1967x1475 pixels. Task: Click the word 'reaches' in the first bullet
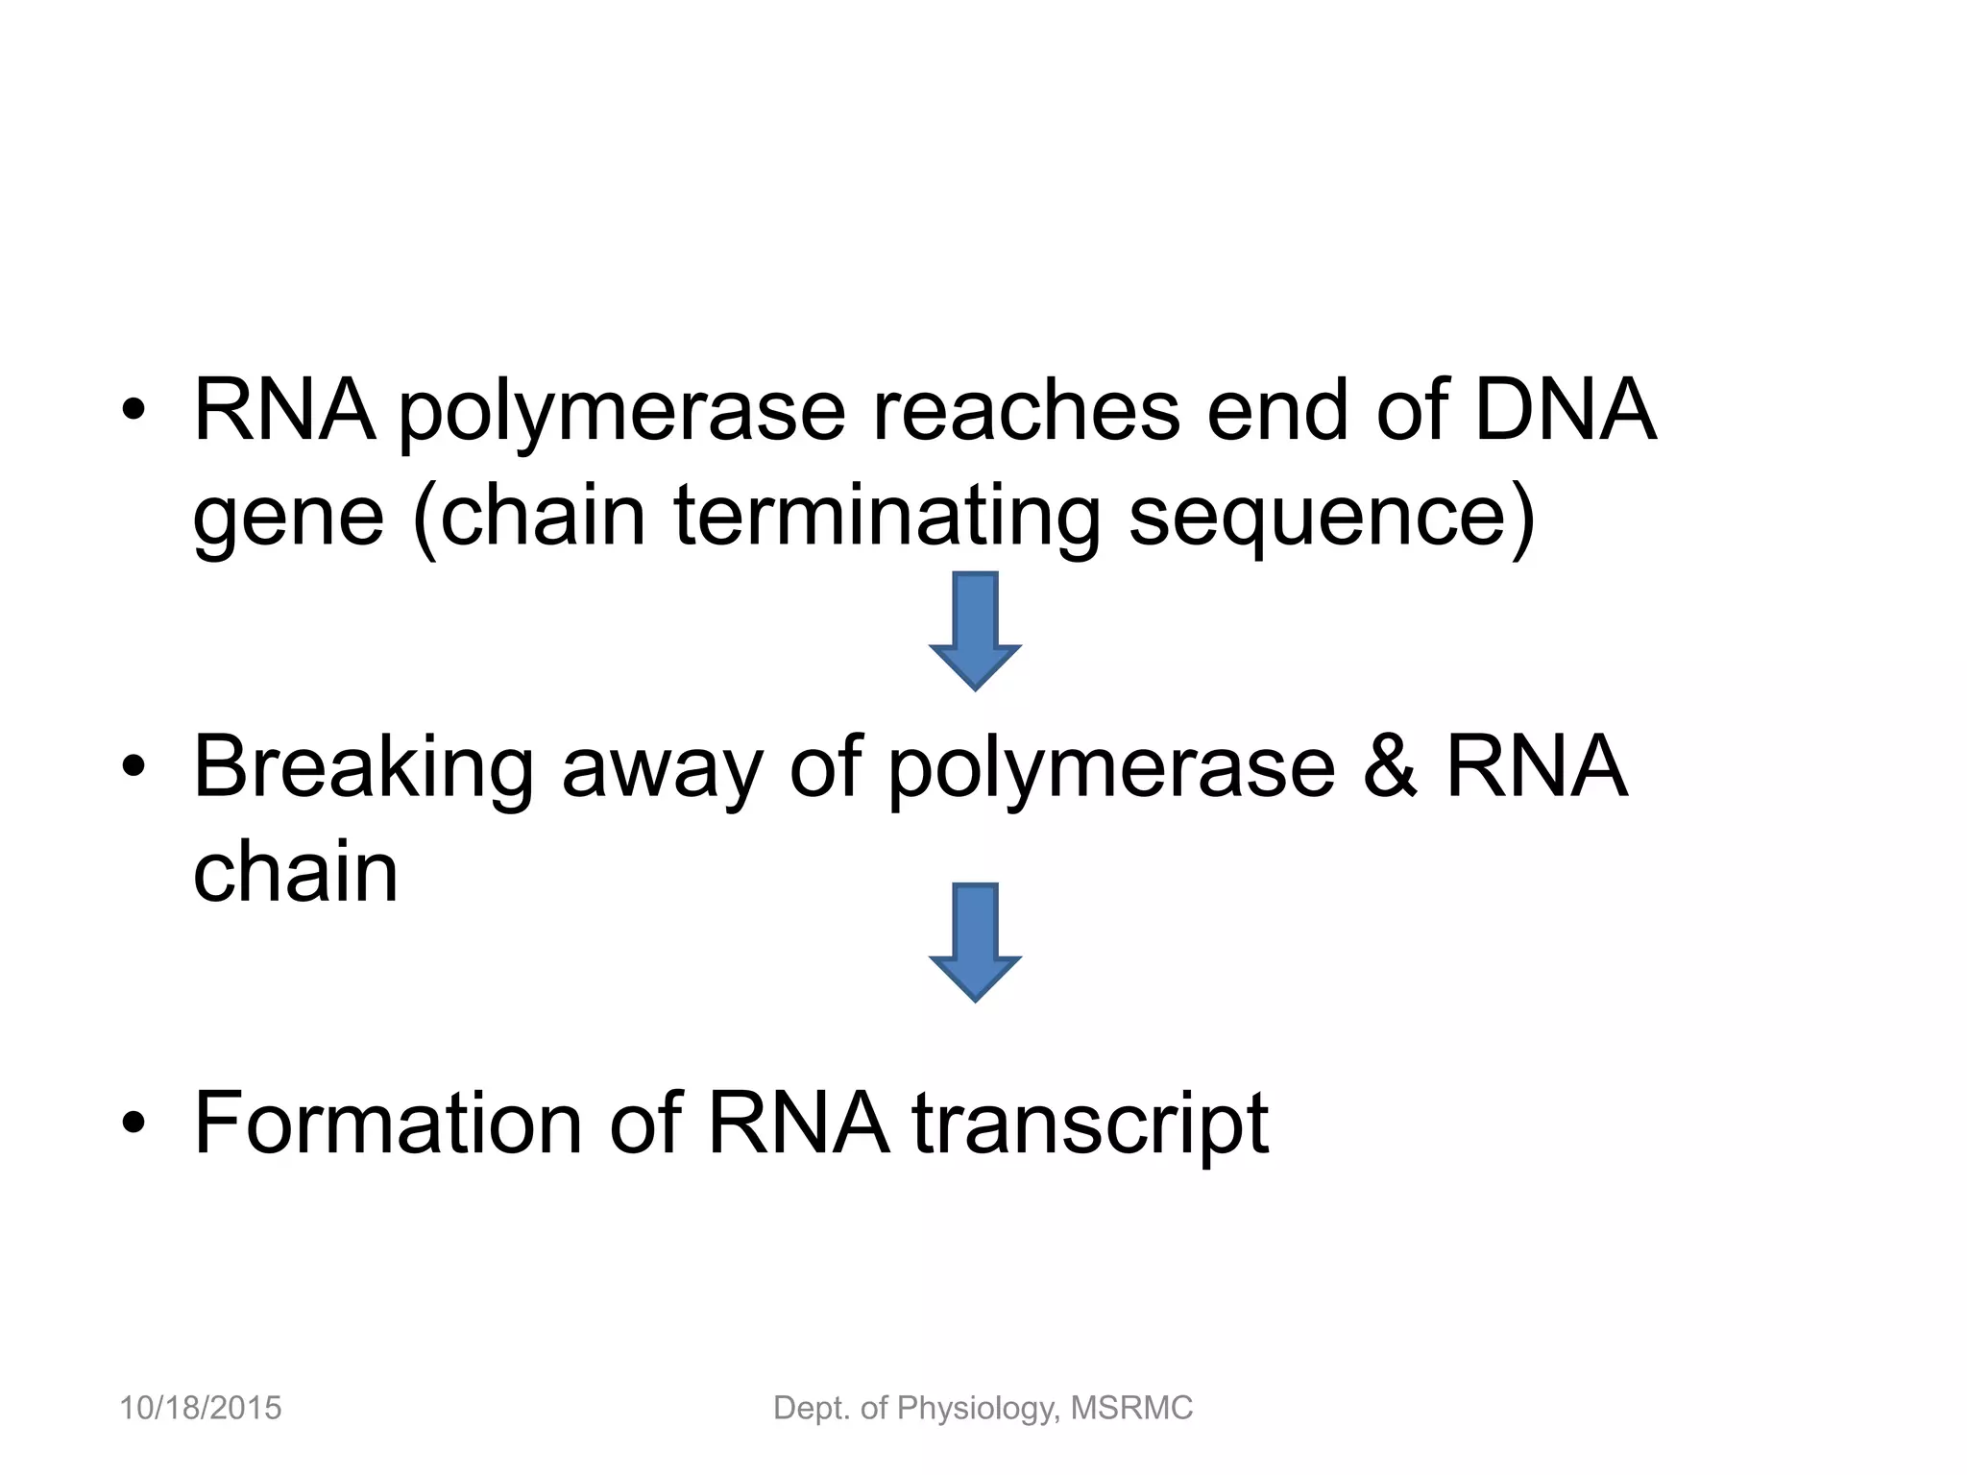(1025, 411)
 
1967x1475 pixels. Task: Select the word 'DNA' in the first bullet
(1565, 411)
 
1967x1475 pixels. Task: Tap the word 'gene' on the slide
(288, 519)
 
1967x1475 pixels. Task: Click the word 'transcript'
(1090, 1125)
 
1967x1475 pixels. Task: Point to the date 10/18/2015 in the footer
(200, 1409)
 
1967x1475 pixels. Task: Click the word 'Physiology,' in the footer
(979, 1409)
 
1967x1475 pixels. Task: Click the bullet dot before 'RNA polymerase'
(134, 413)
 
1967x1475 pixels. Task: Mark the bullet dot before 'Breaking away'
(134, 768)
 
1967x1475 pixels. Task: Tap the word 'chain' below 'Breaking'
(295, 873)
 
